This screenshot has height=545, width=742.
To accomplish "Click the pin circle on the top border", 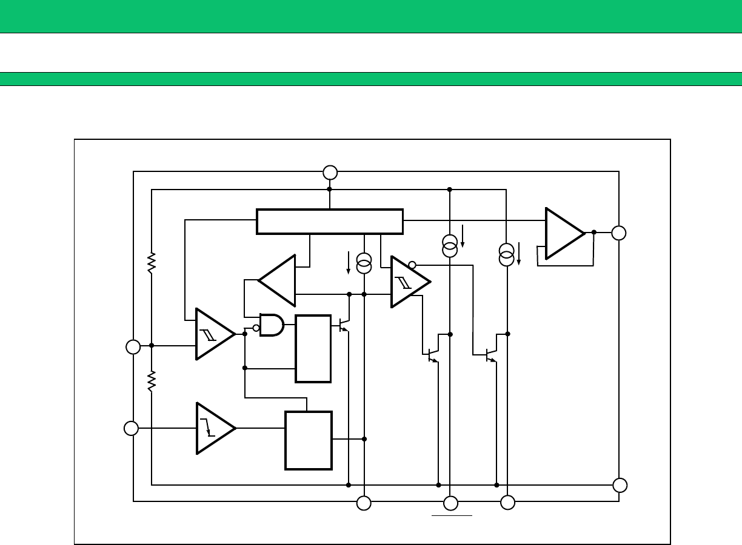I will tap(330, 173).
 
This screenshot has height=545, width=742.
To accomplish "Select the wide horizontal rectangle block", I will tap(330, 221).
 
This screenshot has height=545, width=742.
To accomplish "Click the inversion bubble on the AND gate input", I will tap(256, 328).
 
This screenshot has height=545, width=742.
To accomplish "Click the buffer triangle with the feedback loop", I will tap(563, 233).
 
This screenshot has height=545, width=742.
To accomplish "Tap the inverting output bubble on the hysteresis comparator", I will tap(412, 265).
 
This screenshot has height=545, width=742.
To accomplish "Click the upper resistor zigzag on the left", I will tap(152, 263).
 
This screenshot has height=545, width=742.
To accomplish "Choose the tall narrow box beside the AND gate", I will tap(313, 348).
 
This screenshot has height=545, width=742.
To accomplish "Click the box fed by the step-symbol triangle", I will tap(308, 440).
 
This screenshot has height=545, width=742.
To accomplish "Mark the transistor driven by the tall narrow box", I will tap(344, 325).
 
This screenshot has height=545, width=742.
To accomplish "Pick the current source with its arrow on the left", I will tap(364, 263).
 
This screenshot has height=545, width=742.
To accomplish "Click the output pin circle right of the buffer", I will tap(618, 233).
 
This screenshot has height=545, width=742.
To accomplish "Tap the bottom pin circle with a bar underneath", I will tap(450, 503).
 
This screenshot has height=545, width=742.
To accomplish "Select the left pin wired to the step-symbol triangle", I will tap(131, 428).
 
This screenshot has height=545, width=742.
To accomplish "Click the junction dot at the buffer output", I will tap(593, 232).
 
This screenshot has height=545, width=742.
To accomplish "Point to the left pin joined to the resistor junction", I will tap(133, 347).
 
